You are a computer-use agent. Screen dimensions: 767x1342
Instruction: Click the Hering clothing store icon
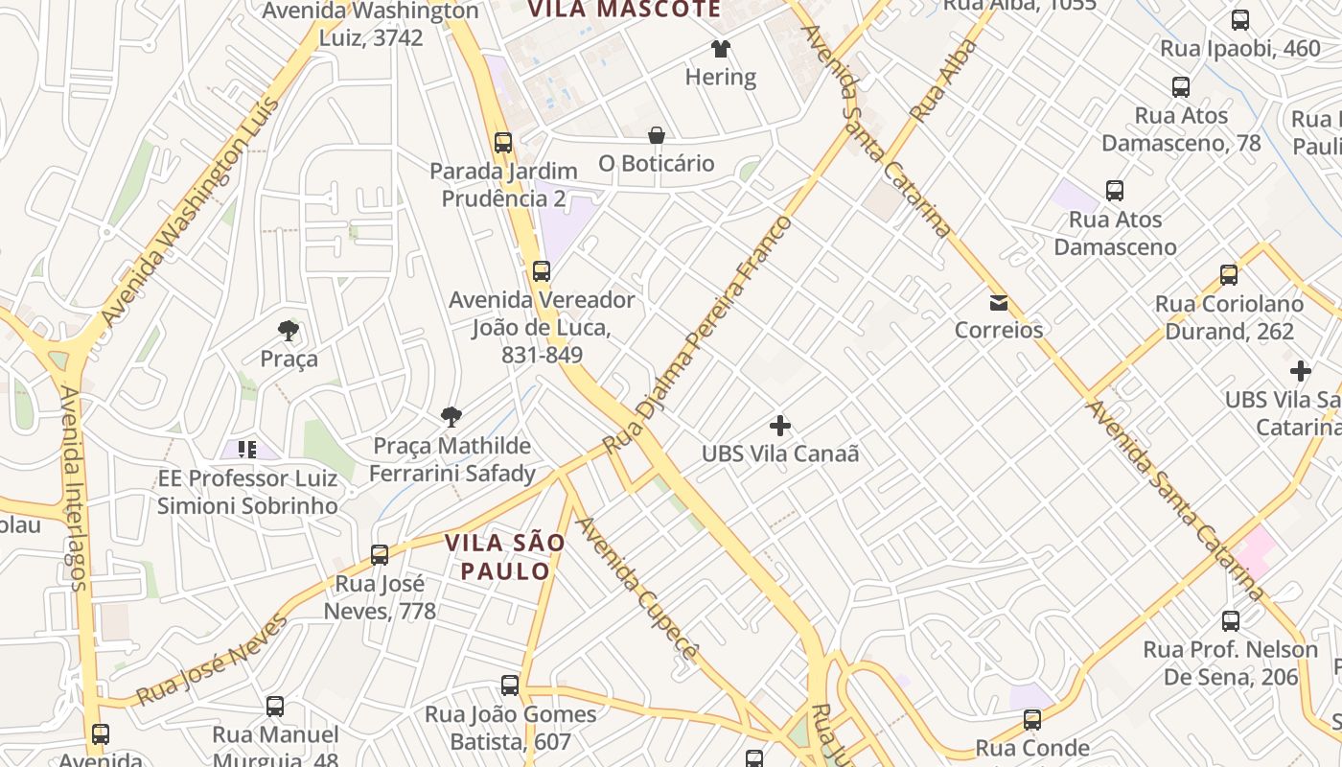pyautogui.click(x=720, y=49)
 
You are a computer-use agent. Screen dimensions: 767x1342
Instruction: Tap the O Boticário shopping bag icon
pyautogui.click(x=657, y=136)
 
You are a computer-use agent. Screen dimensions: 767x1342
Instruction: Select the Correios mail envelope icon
pyautogui.click(x=999, y=303)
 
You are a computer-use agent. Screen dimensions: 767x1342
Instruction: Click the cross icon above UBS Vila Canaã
pyautogui.click(x=780, y=425)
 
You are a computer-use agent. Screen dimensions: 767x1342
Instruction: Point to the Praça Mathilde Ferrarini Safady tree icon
pyautogui.click(x=451, y=417)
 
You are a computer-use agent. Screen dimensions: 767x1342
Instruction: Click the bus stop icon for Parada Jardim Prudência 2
pyautogui.click(x=503, y=143)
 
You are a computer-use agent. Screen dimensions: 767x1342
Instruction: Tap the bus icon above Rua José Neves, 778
pyautogui.click(x=380, y=555)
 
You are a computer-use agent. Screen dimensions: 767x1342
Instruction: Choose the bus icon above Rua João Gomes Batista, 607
pyautogui.click(x=510, y=686)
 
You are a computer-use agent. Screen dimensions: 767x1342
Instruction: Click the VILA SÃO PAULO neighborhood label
pyautogui.click(x=505, y=557)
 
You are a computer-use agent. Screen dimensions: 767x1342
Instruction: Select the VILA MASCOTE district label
pyautogui.click(x=624, y=10)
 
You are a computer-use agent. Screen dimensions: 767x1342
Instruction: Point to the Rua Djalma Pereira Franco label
pyautogui.click(x=698, y=336)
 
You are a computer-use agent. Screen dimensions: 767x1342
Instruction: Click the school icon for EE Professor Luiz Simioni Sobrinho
pyautogui.click(x=247, y=449)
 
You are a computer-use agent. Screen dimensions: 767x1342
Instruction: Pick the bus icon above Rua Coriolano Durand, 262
pyautogui.click(x=1229, y=276)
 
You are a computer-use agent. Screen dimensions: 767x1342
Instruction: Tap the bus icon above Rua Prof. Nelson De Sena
pyautogui.click(x=1231, y=621)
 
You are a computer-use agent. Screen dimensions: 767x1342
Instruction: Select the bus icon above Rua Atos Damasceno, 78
pyautogui.click(x=1181, y=87)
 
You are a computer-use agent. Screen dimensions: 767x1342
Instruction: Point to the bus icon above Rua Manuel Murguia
pyautogui.click(x=275, y=707)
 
